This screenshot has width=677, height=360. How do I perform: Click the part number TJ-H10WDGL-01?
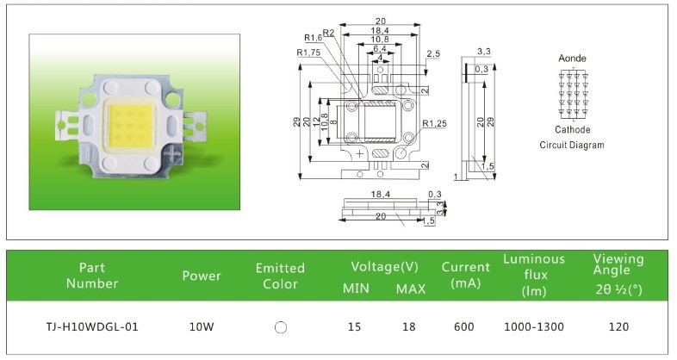pyautogui.click(x=91, y=327)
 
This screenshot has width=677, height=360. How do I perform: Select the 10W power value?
pyautogui.click(x=202, y=327)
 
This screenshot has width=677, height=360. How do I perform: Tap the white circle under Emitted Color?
pyautogui.click(x=280, y=328)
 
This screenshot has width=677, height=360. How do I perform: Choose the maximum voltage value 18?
pyautogui.click(x=410, y=327)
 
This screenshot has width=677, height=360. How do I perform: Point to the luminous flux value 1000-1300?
pyautogui.click(x=533, y=327)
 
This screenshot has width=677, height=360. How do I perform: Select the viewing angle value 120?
pyautogui.click(x=618, y=327)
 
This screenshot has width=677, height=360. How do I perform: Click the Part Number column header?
pyautogui.click(x=91, y=275)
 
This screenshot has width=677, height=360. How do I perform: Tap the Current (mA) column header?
pyautogui.click(x=465, y=275)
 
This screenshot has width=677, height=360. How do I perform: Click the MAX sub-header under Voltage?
pyautogui.click(x=411, y=288)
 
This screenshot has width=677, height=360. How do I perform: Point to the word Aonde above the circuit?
pyautogui.click(x=573, y=58)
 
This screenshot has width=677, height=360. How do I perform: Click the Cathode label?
pyautogui.click(x=572, y=130)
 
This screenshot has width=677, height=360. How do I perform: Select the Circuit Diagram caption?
pyautogui.click(x=572, y=146)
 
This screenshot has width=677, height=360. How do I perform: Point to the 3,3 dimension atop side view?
pyautogui.click(x=483, y=53)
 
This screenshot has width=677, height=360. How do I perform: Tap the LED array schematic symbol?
pyautogui.click(x=572, y=94)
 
